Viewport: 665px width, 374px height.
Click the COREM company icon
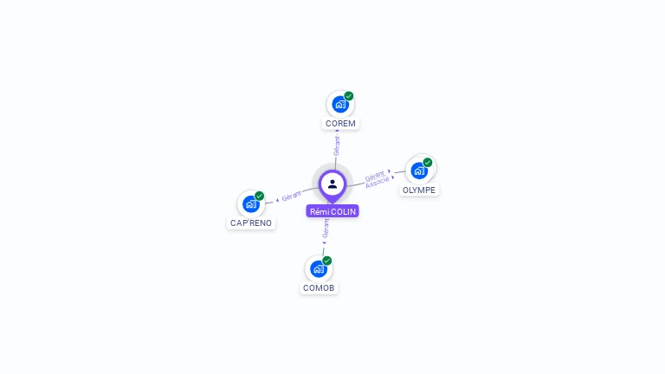(x=340, y=104)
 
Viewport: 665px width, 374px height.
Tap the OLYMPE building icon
(x=420, y=170)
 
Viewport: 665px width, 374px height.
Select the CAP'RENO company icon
(x=251, y=204)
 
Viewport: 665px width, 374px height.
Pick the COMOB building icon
(x=318, y=268)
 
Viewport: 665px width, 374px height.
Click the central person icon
(x=332, y=184)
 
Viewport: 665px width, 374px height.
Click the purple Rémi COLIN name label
(x=332, y=211)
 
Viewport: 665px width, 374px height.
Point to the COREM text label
(x=340, y=124)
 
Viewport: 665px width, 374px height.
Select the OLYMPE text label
(x=419, y=190)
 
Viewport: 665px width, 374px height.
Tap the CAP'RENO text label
(x=251, y=223)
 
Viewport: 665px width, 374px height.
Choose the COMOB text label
(x=318, y=288)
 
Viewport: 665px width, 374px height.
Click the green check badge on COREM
(x=349, y=96)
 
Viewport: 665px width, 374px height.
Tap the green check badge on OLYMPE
(x=428, y=162)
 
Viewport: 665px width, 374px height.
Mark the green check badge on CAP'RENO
(x=259, y=197)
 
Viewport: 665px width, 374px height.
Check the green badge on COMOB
(x=326, y=261)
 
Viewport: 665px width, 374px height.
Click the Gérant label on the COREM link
(x=337, y=145)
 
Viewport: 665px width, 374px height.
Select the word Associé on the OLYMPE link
(x=377, y=184)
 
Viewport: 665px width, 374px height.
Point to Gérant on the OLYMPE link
(x=374, y=175)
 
